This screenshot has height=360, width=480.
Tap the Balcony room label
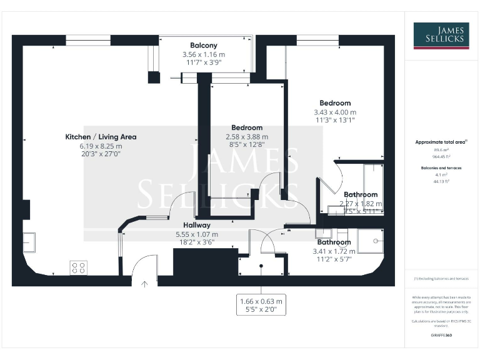pos(203,45)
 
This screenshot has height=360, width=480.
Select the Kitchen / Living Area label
pos(101,136)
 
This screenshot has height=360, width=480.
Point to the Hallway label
pos(196,225)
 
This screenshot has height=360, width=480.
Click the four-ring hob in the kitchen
pos(79,267)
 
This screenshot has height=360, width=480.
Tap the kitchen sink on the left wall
pos(29,241)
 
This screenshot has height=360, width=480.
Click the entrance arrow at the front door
pos(144,283)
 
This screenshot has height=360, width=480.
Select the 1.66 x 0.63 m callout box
pos(261,305)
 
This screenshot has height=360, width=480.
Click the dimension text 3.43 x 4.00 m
pos(335,112)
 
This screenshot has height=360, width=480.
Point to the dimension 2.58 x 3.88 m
pos(247,137)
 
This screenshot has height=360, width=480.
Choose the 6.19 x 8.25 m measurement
pos(101,146)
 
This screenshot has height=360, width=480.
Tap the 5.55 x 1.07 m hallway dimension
pos(196,234)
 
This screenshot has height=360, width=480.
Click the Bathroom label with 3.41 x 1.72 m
pos(334,242)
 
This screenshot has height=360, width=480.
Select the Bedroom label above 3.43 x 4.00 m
pos(335,103)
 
